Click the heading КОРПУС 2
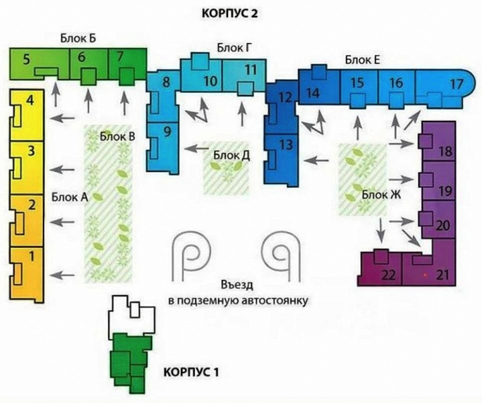229,14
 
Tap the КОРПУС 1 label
191,372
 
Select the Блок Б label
78,38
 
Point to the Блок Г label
235,48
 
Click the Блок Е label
363,60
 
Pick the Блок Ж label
381,195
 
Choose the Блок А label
70,197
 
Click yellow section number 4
30,101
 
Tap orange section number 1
32,257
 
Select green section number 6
82,58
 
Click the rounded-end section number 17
457,84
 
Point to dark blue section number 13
286,144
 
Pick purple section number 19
445,191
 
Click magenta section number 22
388,275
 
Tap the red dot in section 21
425,274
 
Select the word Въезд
237,285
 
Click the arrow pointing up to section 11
243,114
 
